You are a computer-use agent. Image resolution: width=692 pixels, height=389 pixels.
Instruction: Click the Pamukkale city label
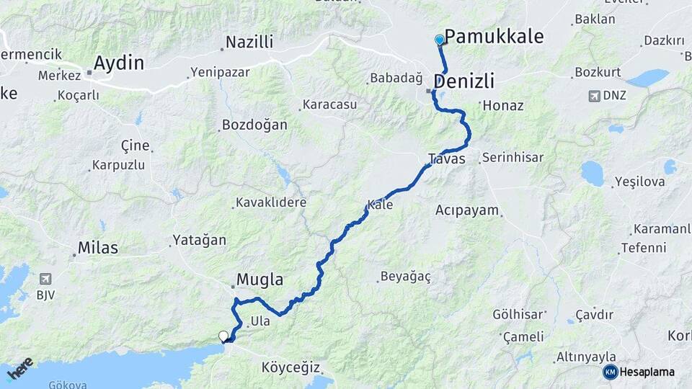494,37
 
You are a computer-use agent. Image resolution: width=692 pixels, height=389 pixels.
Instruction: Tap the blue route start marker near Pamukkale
440,40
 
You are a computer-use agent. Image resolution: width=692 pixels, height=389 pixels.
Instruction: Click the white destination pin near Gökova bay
223,336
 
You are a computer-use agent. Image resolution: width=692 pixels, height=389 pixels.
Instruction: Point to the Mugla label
260,280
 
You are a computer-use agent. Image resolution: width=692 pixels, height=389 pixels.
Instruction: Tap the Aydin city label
119,63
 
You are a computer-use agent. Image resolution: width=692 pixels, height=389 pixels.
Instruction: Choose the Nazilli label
249,43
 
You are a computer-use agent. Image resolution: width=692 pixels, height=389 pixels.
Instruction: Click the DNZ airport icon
594,95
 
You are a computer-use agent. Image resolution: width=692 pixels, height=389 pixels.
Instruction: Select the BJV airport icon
46,279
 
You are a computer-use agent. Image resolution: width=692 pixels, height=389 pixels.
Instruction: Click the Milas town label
99,247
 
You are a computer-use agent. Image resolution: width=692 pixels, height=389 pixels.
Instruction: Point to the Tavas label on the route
446,158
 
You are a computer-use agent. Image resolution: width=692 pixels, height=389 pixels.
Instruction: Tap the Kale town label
380,205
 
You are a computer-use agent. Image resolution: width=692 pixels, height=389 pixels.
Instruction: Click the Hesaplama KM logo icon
611,372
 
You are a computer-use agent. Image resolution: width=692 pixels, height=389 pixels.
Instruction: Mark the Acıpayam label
466,210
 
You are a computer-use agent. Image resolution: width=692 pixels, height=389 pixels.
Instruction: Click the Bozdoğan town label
254,125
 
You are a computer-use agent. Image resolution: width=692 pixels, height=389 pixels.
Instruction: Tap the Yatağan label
199,240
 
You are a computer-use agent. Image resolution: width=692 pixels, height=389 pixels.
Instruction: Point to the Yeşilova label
639,182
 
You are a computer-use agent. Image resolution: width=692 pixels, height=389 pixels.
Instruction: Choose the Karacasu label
329,104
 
